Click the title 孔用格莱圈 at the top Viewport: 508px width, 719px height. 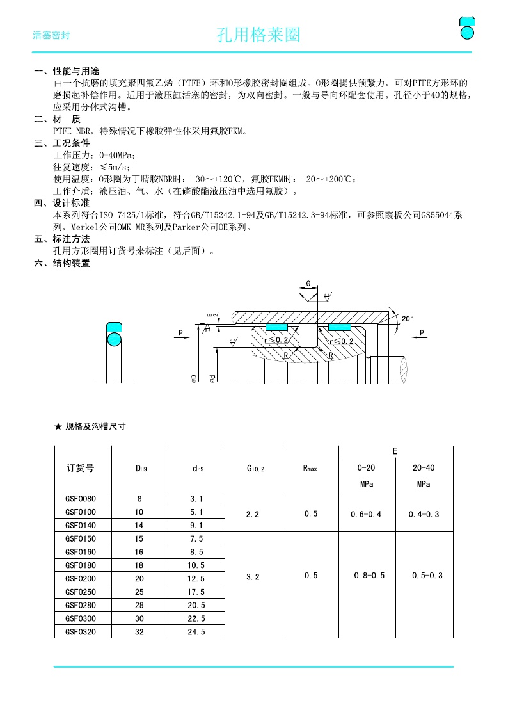coord(258,35)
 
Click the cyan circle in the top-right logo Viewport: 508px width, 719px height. coord(468,31)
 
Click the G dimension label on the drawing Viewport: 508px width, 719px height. coord(308,283)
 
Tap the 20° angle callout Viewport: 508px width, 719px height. coord(408,318)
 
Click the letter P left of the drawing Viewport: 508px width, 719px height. coord(181,333)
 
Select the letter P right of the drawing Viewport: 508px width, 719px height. coord(422,333)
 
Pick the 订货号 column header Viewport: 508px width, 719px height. coord(80,468)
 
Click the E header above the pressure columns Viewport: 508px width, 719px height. coord(395,451)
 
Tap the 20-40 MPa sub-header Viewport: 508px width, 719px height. coord(424,475)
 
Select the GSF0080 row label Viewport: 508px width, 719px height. coord(80,498)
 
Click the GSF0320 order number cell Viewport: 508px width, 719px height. coord(80,631)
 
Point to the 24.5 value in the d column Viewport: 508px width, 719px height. coord(196,631)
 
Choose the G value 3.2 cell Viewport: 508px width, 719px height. coord(253,577)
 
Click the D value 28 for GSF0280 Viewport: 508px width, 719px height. coord(139,605)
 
